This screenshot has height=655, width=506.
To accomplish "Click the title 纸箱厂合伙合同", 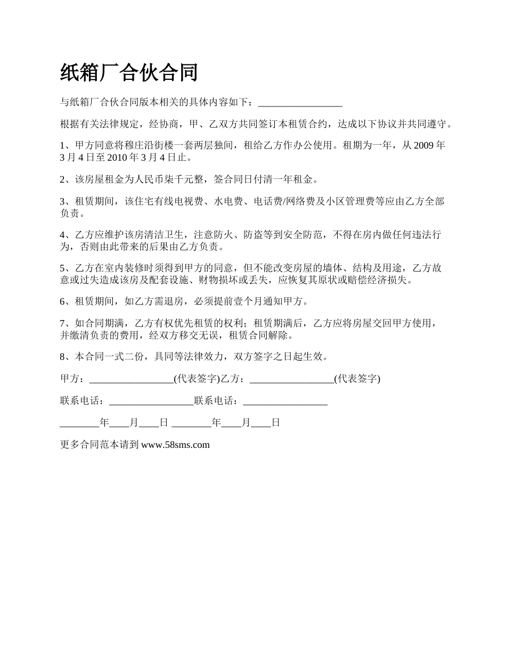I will (129, 73).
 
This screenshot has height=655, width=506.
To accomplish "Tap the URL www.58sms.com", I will (175, 445).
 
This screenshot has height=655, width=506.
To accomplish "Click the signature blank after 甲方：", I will (132, 379).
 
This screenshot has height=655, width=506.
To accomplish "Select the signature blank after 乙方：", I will (292, 379).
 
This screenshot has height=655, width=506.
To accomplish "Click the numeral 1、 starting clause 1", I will (65, 145).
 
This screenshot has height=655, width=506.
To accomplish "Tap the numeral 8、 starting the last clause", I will (65, 357).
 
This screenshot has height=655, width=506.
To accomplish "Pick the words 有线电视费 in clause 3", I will (177, 202).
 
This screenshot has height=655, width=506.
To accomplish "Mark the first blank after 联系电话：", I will (151, 401).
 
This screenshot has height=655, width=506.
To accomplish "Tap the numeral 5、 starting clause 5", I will (65, 268).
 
